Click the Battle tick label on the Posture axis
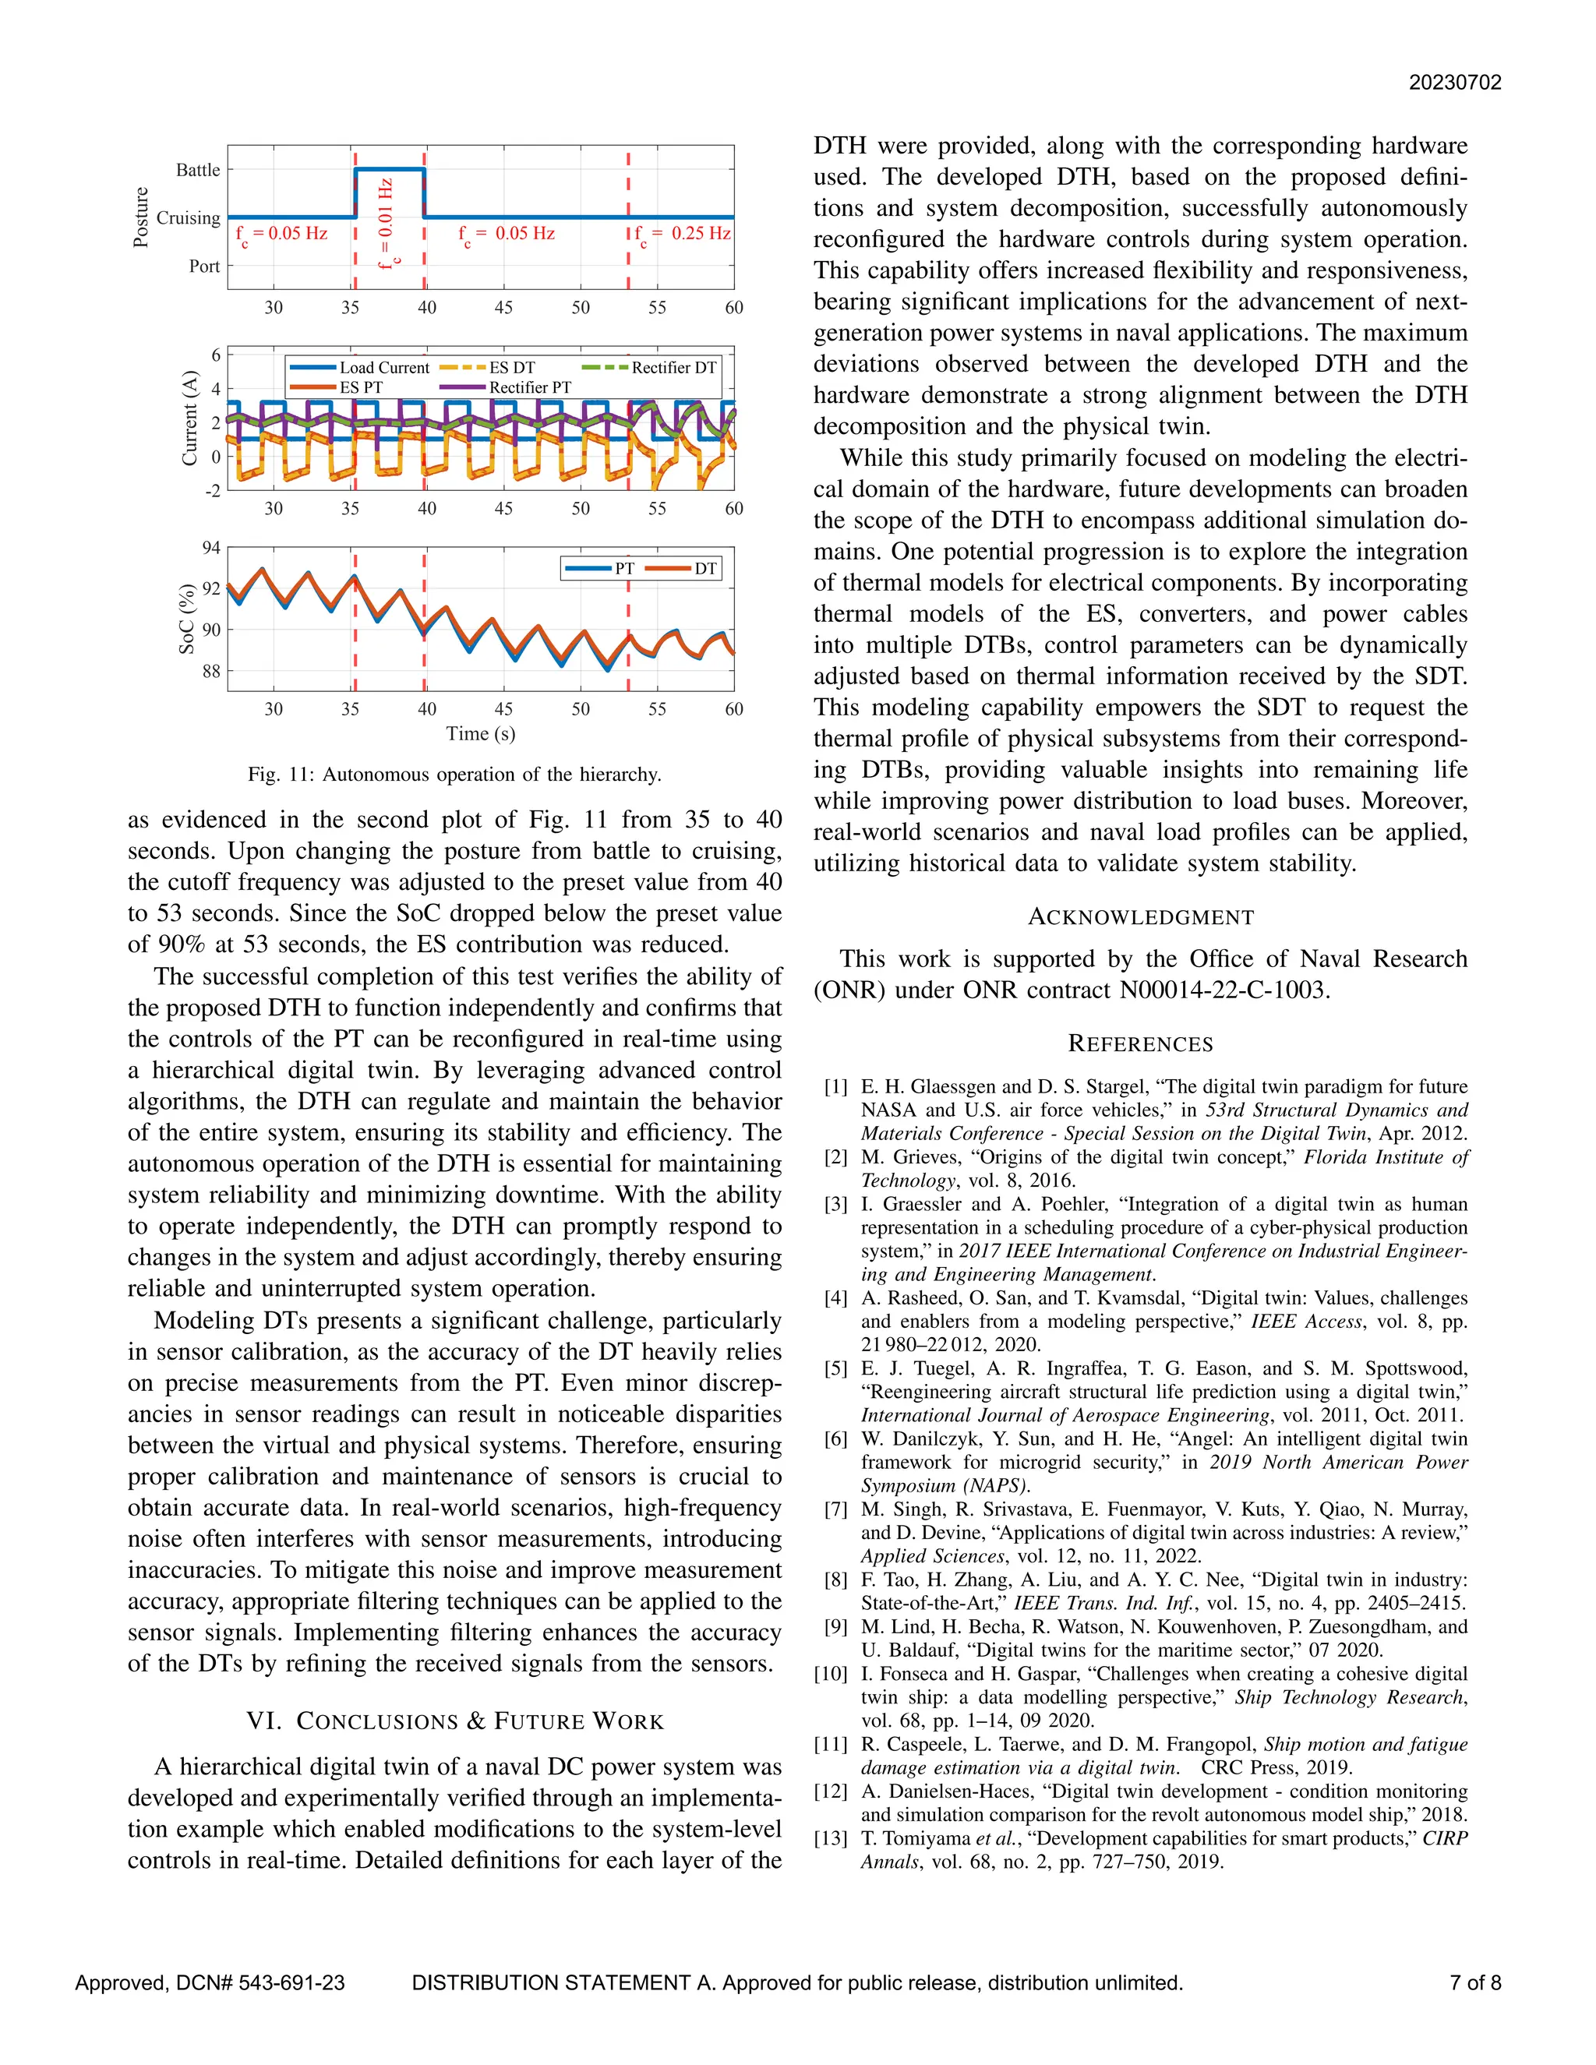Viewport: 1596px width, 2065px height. pyautogui.click(x=198, y=170)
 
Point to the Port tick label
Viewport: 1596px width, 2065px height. pyautogui.click(x=204, y=267)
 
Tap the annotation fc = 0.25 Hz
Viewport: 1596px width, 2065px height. pyautogui.click(x=683, y=235)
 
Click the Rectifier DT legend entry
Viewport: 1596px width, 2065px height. pyautogui.click(x=673, y=368)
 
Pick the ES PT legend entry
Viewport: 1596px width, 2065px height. pyautogui.click(x=361, y=387)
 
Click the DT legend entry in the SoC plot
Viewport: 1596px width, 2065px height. pyautogui.click(x=705, y=568)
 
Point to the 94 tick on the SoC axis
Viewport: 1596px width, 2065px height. pyautogui.click(x=211, y=549)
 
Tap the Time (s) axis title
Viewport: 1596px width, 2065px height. pyautogui.click(x=480, y=734)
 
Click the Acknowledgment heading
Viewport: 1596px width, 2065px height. pyautogui.click(x=1140, y=917)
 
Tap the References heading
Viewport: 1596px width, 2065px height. pyautogui.click(x=1140, y=1044)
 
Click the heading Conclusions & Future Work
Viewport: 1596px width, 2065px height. pyautogui.click(x=455, y=1721)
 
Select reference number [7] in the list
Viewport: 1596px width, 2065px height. pyautogui.click(x=836, y=1510)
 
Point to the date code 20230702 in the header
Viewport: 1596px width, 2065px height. pyautogui.click(x=1454, y=83)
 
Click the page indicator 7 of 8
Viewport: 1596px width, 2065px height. pyautogui.click(x=1475, y=1982)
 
